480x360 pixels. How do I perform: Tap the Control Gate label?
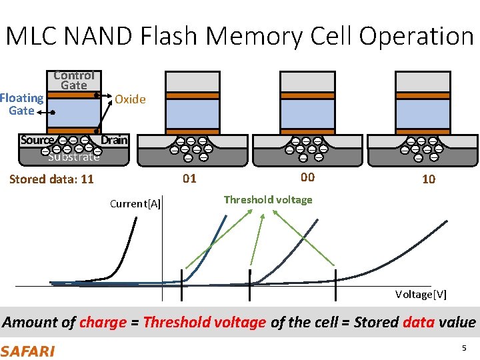(x=73, y=80)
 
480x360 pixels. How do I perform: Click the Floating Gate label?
(x=21, y=104)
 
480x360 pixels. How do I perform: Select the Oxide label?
(x=130, y=99)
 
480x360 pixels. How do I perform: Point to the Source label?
(x=37, y=140)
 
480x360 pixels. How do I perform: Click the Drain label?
(x=114, y=140)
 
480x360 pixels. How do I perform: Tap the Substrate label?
(x=73, y=157)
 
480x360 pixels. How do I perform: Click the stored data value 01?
(x=190, y=178)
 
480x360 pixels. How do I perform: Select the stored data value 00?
(x=307, y=177)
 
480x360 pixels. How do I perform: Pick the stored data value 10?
(x=429, y=179)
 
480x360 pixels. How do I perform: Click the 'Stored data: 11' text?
(x=51, y=179)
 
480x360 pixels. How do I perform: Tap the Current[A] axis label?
(x=134, y=203)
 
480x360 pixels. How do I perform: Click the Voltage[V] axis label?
(x=421, y=294)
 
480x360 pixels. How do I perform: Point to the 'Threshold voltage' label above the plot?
(x=268, y=199)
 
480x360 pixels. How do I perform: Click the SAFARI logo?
(x=28, y=351)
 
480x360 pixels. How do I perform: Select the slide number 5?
(x=463, y=349)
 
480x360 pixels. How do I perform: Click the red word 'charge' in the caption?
(x=103, y=323)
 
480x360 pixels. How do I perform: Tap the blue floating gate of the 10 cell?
(x=423, y=113)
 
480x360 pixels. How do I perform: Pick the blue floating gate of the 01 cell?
(x=192, y=113)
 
